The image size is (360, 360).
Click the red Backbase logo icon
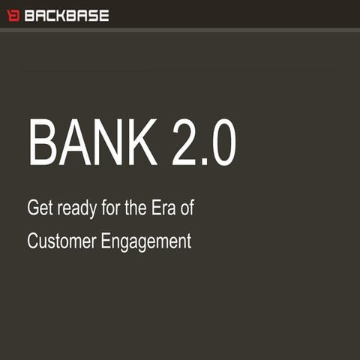(13, 15)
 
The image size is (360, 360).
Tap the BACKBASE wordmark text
(67, 15)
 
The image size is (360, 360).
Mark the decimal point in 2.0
(205, 161)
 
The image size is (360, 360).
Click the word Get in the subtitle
(38, 208)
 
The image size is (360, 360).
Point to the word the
(136, 208)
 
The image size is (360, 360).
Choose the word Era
(166, 208)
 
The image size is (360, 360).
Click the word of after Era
(188, 208)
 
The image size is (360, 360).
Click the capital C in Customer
(33, 241)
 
